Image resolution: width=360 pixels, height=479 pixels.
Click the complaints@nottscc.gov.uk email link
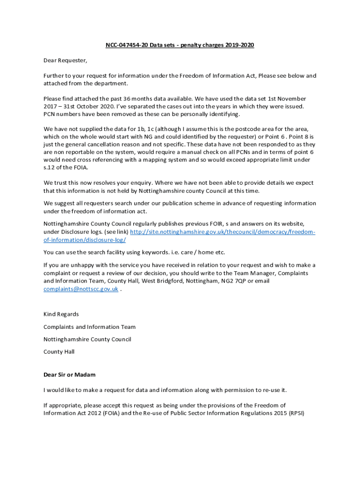pos(80,289)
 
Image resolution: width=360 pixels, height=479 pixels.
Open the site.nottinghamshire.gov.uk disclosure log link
pos(223,232)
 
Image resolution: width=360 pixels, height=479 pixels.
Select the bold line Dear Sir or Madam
pos(70,375)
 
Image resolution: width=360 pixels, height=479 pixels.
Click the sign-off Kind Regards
pos(61,314)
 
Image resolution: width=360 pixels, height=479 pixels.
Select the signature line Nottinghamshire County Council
pos(87,339)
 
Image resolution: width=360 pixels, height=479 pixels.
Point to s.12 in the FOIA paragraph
pos(50,167)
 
